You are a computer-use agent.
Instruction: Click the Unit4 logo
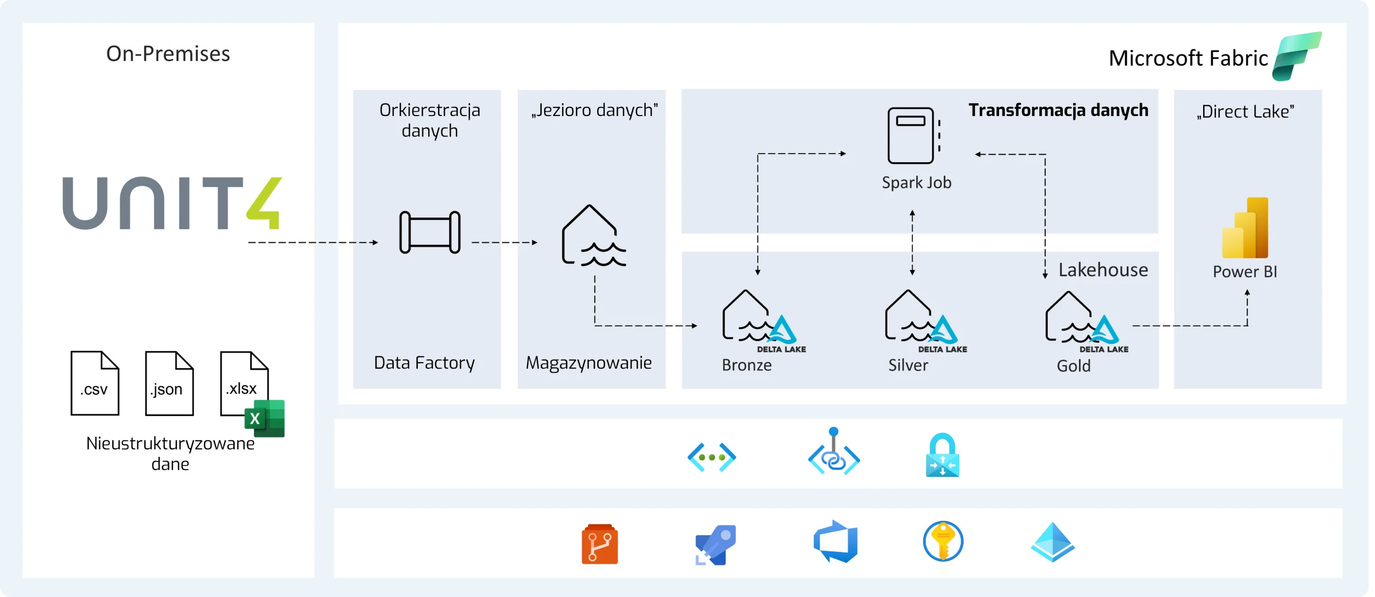[172, 203]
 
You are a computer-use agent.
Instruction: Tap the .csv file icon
[95, 383]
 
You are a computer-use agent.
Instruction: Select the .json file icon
[169, 383]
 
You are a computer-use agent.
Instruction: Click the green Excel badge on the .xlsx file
[264, 418]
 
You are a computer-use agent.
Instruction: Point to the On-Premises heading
[168, 54]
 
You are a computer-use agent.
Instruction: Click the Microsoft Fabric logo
[1297, 56]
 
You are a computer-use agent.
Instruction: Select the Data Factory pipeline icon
[430, 232]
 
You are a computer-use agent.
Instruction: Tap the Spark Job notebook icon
[913, 135]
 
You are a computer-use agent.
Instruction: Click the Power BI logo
[1246, 228]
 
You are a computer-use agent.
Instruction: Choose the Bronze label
[747, 365]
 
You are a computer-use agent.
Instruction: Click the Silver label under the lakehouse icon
[908, 365]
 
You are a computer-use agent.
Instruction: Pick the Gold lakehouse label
[1074, 366]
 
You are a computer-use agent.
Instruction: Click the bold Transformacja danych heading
[1058, 110]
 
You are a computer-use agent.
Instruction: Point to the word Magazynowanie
[589, 363]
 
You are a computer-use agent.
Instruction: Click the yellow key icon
[943, 542]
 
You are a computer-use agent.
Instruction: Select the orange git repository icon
[599, 544]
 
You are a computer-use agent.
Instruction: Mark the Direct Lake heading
[1245, 112]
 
